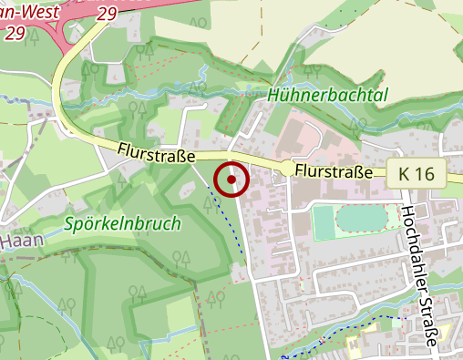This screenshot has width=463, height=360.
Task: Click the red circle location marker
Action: [232, 179]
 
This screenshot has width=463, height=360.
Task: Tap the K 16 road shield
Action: [421, 173]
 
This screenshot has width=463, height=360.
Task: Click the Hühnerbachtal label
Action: [328, 95]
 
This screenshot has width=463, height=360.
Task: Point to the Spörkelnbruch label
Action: [122, 223]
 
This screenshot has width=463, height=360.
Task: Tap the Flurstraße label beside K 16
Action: [334, 171]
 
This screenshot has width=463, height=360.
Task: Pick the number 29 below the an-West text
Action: [15, 33]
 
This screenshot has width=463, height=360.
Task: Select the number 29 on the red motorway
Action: [106, 15]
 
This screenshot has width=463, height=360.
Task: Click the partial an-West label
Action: [28, 12]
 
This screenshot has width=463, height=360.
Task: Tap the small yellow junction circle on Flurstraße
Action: [288, 168]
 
